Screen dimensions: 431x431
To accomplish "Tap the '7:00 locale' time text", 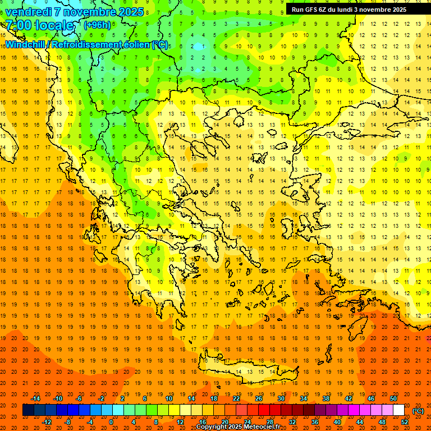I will [x=39, y=25].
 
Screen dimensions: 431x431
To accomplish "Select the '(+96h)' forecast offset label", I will [x=97, y=25].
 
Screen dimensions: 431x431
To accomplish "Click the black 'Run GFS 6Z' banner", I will [x=354, y=9].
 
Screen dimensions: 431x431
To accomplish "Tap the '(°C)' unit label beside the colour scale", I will [x=418, y=411].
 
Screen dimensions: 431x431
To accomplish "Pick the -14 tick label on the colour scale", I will [x=36, y=398].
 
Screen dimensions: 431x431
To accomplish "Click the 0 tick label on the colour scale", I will [x=111, y=422].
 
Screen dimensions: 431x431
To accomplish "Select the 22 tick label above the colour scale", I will [x=236, y=398].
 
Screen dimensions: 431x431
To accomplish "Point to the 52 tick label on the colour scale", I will [x=405, y=422].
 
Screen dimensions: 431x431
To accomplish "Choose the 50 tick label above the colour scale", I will [x=393, y=398].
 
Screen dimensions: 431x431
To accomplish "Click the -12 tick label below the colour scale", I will [x=47, y=422].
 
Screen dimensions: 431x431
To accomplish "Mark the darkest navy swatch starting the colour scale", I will [x=28, y=410].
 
